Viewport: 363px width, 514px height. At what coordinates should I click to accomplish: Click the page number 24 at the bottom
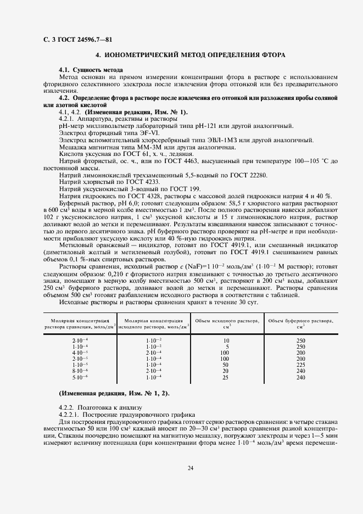click(x=190, y=468)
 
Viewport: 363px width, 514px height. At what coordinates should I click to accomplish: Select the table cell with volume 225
click(x=300, y=364)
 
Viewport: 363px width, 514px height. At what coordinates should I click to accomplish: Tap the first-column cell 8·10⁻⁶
click(x=80, y=371)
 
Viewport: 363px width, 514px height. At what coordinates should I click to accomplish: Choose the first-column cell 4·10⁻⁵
click(x=80, y=353)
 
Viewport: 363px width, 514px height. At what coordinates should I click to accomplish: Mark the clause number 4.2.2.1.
click(x=70, y=415)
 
